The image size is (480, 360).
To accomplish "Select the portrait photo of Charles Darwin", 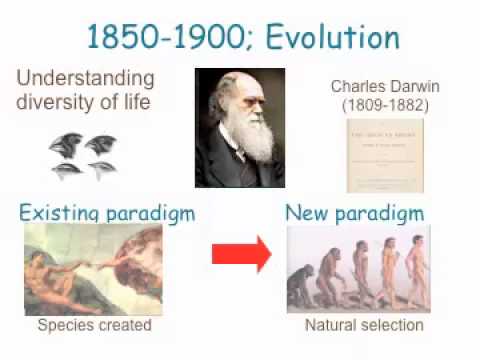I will pos(239,127).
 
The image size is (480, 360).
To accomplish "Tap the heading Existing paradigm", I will pos(106,213).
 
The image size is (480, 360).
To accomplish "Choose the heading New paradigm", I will pos(354,213).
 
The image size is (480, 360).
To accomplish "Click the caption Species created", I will pos(94,325).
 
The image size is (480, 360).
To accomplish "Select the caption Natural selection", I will pos(363,325).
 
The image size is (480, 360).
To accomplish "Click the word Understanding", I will pos(85,78).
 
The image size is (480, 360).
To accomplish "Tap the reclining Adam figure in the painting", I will pos(60,275).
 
